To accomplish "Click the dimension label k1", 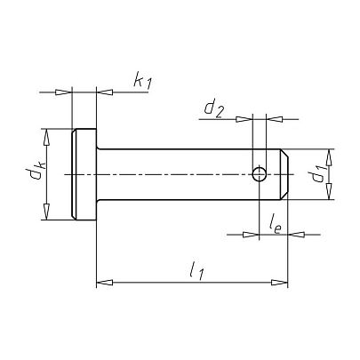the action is point(142,81).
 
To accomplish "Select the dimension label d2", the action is point(213,109).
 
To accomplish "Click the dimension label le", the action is point(275,228).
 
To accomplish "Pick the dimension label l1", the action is point(196,271).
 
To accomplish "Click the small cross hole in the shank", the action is point(260,174).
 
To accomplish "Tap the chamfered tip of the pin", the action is point(284,174).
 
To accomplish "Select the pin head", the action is point(84,174).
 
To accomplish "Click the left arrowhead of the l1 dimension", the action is point(105,283).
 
